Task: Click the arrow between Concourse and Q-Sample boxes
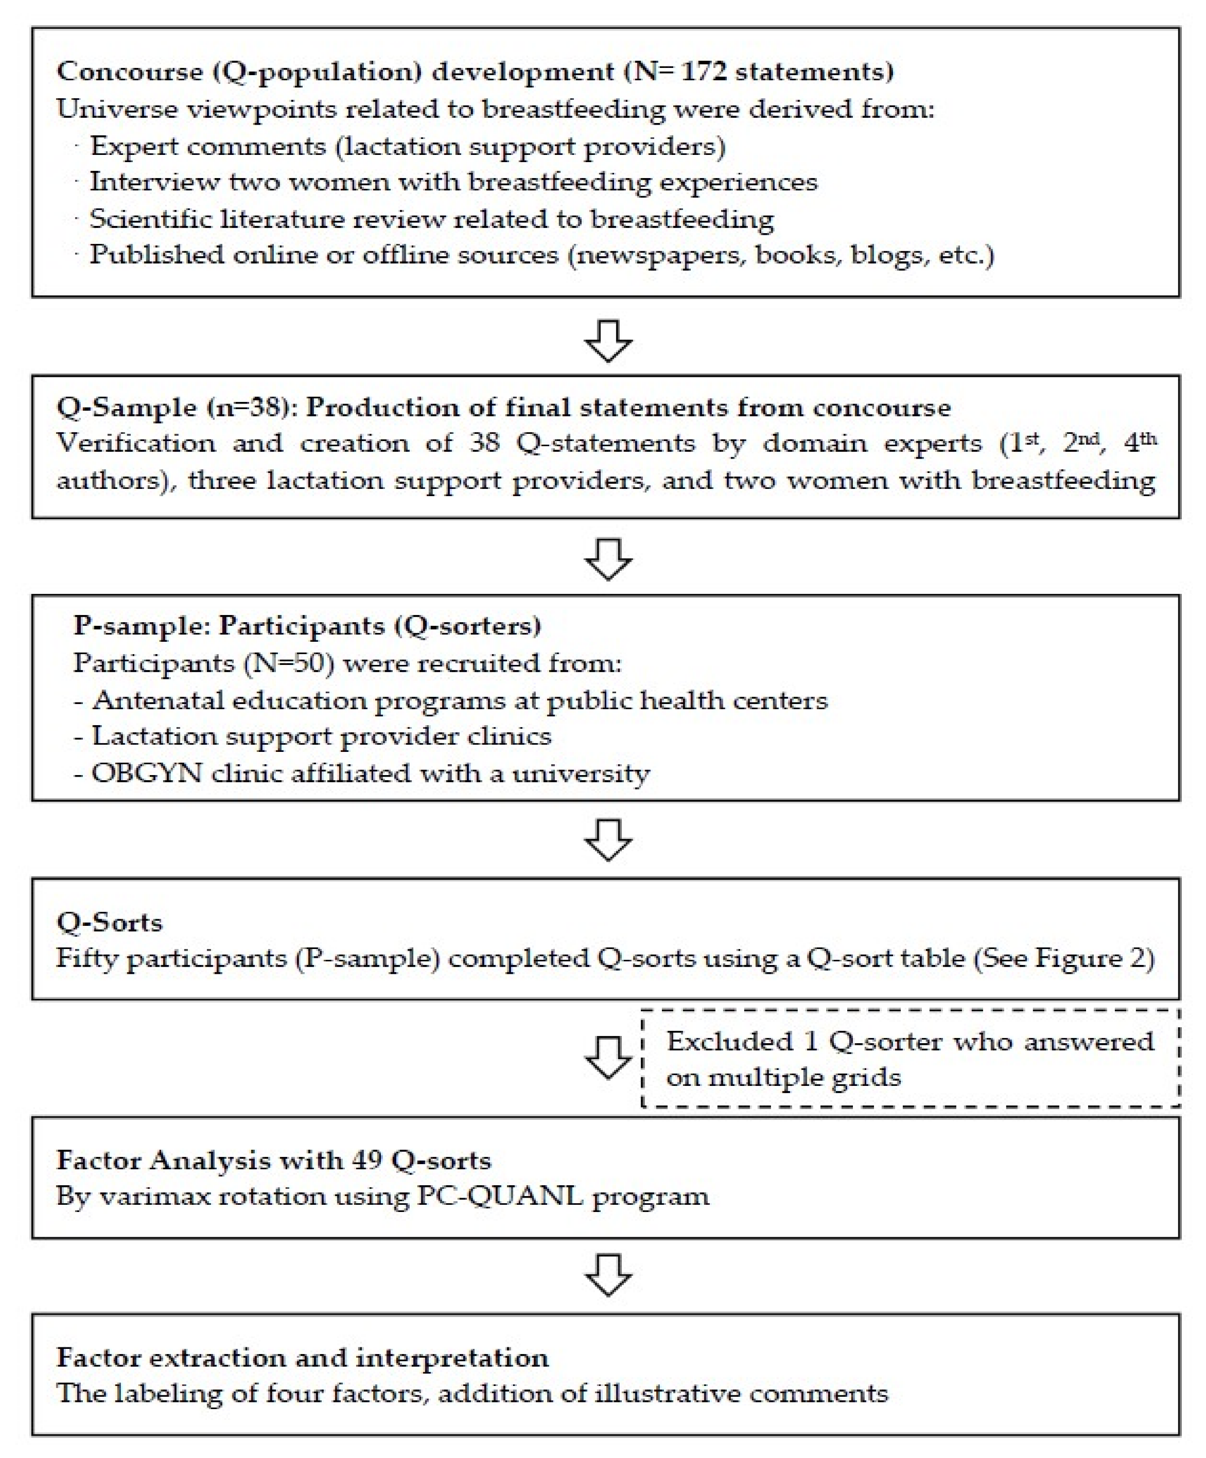(x=608, y=340)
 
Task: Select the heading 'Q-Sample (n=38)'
(x=173, y=407)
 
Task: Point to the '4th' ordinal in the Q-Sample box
(x=1140, y=442)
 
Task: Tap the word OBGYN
(x=147, y=772)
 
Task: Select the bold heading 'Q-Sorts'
(x=110, y=922)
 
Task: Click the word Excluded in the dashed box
(x=730, y=1042)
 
